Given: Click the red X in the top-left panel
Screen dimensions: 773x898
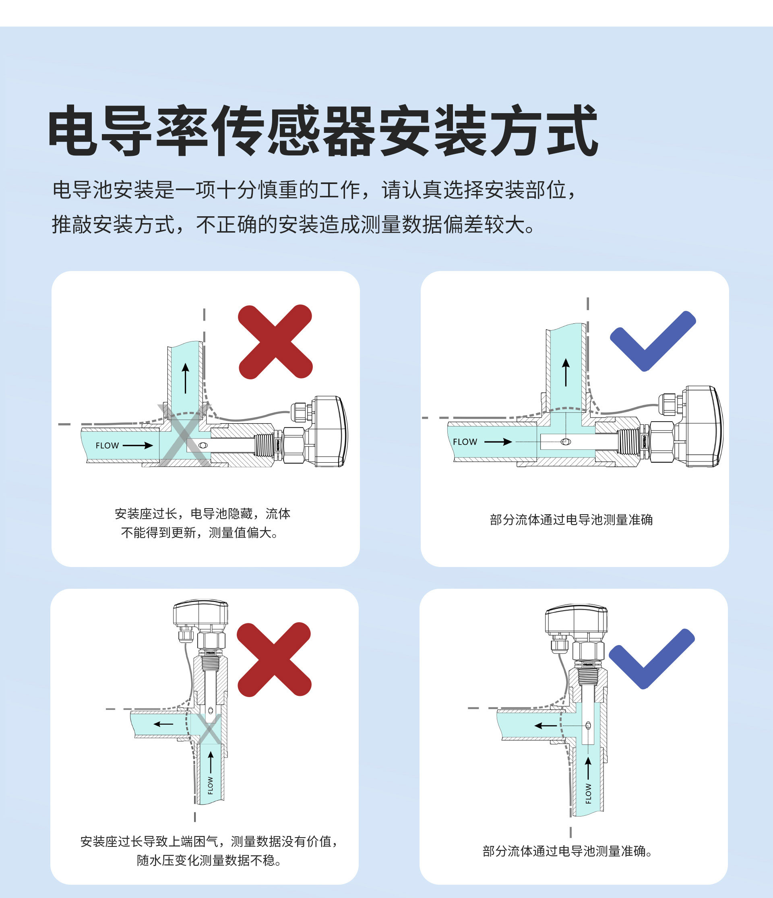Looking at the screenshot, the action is click(275, 341).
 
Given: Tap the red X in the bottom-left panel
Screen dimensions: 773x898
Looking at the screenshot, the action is click(274, 659).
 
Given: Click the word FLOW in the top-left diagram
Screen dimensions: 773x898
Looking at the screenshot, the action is click(107, 445).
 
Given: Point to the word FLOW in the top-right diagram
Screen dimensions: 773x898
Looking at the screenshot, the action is click(465, 442).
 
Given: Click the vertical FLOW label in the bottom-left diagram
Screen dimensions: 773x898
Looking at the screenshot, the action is click(211, 785).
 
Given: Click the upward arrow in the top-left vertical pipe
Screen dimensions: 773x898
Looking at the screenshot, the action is click(186, 379).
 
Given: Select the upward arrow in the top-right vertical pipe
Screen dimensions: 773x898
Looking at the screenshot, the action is click(566, 372).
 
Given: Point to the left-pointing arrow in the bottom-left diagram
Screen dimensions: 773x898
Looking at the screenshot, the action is click(163, 724).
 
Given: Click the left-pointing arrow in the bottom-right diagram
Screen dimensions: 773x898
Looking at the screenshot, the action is click(546, 726).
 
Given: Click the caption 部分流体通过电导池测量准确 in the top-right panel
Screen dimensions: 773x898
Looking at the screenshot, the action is click(571, 519).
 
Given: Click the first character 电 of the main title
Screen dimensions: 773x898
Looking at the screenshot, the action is click(72, 130).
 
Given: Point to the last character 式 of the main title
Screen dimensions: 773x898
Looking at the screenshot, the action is click(573, 130).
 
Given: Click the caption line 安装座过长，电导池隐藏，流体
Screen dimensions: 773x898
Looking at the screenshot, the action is click(203, 513).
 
